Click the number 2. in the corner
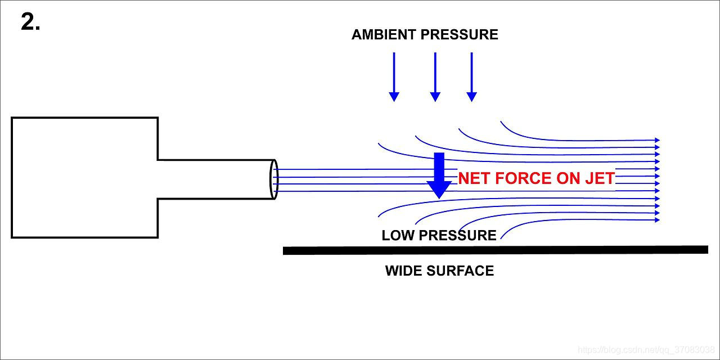(x=30, y=22)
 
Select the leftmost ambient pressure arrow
(x=394, y=76)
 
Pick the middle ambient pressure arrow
(x=435, y=76)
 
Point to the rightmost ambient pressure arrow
(x=471, y=76)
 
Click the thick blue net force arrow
(x=439, y=174)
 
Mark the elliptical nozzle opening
(x=274, y=179)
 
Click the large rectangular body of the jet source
(x=84, y=178)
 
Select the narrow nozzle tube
(x=214, y=179)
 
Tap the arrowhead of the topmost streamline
(x=656, y=140)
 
